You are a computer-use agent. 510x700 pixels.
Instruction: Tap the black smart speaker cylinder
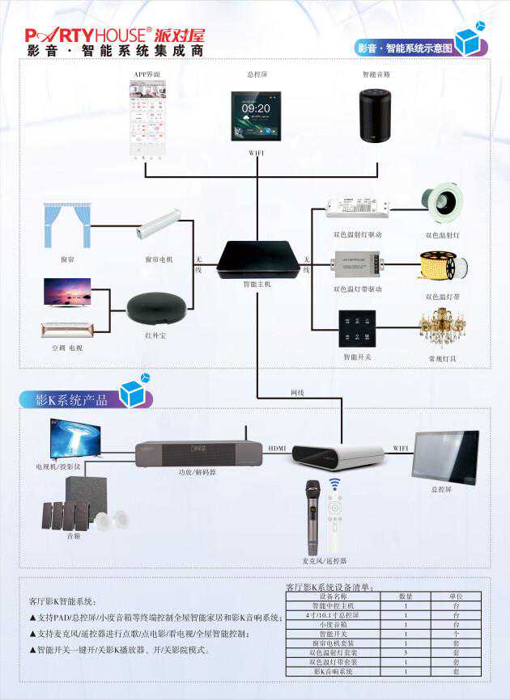[x=375, y=116]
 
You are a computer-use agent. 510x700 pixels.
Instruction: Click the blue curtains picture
[x=67, y=226]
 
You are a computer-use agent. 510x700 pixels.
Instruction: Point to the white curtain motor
[x=158, y=226]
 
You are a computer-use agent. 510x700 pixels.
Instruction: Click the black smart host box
[x=258, y=259]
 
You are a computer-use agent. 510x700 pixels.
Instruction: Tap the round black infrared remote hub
[x=157, y=307]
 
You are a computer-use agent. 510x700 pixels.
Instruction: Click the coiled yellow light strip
[x=443, y=265]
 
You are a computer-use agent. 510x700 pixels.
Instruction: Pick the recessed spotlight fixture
[x=443, y=203]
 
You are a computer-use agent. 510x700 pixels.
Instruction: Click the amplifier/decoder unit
[x=198, y=453]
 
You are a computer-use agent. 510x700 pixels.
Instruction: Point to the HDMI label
[x=277, y=447]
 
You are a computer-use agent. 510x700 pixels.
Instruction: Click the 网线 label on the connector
[x=297, y=392]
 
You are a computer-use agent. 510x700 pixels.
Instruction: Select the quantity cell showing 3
[x=406, y=652]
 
